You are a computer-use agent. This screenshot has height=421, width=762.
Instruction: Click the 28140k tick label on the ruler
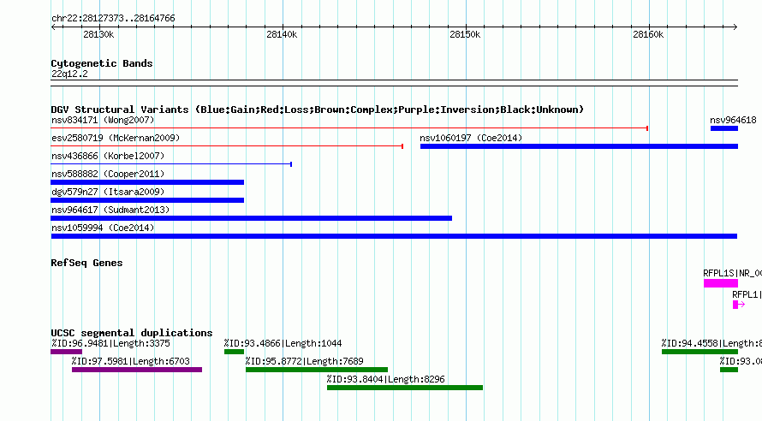coord(282,34)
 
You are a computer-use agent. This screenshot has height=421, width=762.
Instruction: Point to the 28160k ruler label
coord(648,34)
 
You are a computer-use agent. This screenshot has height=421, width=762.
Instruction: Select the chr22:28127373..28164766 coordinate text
coord(113,19)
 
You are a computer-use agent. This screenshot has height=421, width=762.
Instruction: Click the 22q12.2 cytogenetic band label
coord(69,74)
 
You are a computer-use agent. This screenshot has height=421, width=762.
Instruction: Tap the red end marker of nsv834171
coord(647,128)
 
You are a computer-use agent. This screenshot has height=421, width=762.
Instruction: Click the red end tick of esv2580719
coord(402,146)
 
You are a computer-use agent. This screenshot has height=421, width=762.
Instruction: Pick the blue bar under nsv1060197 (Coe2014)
coord(579,146)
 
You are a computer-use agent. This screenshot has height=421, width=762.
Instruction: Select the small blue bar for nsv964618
coord(724,128)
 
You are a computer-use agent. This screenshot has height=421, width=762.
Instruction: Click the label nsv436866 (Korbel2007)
coord(108,156)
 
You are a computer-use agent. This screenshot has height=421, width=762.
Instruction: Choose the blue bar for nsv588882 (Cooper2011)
coord(147,182)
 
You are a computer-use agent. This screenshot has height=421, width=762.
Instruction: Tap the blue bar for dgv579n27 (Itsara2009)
coord(147,200)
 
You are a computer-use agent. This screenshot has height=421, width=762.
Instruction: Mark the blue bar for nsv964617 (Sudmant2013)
coord(251,218)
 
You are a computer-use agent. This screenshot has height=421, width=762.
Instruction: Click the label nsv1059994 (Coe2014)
coord(103,228)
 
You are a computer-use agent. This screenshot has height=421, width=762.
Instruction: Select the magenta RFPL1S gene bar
coord(721,283)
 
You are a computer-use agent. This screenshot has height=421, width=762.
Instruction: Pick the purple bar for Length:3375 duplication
coord(67,352)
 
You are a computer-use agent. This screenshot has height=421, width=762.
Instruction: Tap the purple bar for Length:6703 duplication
coord(136,370)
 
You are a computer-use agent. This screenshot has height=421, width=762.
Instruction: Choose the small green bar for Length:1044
coord(234,352)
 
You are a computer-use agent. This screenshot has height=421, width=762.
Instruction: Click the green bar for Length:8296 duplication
coord(405,388)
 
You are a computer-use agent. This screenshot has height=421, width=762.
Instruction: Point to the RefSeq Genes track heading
coord(86,263)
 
